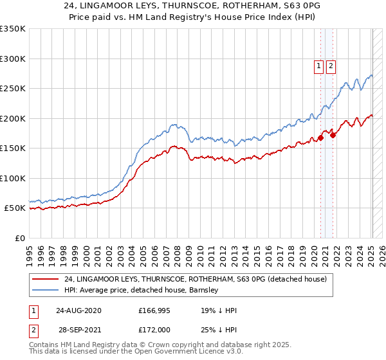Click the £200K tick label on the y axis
tap(13, 118)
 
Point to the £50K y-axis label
tap(15, 208)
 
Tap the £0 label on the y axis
tap(20, 239)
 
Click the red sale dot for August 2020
tap(320, 138)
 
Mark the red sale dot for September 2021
tap(333, 135)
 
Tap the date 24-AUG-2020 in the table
tap(78, 310)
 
